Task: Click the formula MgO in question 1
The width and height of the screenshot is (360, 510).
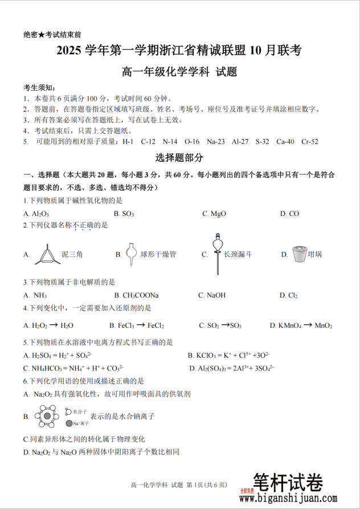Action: click(218, 214)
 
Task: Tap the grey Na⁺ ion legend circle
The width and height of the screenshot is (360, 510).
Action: click(68, 423)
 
